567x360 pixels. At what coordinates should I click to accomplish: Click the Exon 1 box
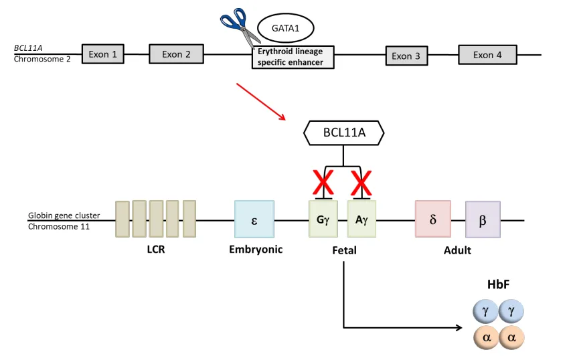(x=103, y=55)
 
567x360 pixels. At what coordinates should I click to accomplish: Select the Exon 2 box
(x=176, y=54)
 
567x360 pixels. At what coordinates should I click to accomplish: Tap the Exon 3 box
(x=406, y=56)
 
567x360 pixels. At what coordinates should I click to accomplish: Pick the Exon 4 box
(x=487, y=55)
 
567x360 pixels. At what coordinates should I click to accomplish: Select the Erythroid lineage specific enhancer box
(x=292, y=58)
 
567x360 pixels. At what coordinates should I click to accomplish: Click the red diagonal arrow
(x=262, y=102)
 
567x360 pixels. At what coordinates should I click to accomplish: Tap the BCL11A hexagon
(x=344, y=132)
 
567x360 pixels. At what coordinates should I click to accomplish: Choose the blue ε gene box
(x=254, y=219)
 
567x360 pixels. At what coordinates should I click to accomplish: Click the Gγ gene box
(x=323, y=219)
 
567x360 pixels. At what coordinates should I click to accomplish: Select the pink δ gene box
(x=433, y=219)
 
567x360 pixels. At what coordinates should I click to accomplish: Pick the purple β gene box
(x=483, y=219)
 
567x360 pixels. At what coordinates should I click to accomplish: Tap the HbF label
(x=499, y=284)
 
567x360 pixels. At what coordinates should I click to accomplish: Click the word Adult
(x=457, y=250)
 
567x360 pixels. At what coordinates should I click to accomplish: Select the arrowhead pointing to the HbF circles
(x=458, y=328)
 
